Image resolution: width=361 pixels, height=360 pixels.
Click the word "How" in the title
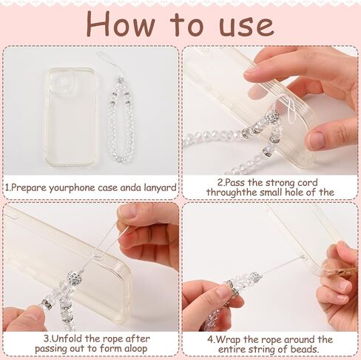[121, 24]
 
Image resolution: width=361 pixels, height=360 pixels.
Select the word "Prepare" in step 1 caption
[29, 188]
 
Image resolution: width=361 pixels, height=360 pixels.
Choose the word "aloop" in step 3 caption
[135, 349]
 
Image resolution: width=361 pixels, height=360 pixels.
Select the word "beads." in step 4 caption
[305, 350]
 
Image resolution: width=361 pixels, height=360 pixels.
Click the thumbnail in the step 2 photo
[317, 140]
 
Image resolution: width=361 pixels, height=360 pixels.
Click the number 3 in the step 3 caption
[47, 339]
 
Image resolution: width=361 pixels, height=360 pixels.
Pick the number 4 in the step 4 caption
[210, 340]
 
